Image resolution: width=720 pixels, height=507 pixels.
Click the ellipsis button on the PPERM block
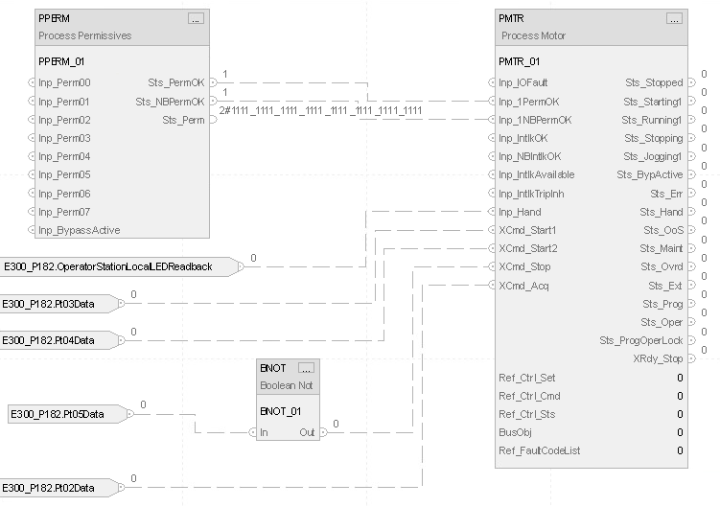[x=196, y=18]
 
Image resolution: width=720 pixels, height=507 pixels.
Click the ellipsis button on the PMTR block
[x=674, y=18]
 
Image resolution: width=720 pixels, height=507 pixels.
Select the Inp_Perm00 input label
[x=64, y=83]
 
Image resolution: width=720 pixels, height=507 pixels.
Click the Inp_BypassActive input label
[x=79, y=230]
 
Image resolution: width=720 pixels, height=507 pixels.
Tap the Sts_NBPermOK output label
[x=170, y=102]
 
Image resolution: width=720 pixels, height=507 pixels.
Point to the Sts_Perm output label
[x=182, y=120]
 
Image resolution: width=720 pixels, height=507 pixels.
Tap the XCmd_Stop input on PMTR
[x=524, y=267]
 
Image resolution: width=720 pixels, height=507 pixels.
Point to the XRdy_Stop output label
[x=658, y=358]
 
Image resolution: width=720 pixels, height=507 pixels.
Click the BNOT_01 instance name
[x=280, y=410]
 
